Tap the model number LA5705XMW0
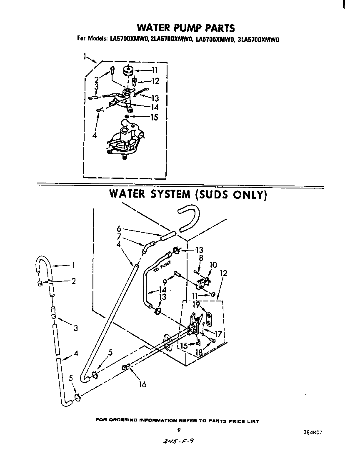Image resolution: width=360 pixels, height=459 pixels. [213, 40]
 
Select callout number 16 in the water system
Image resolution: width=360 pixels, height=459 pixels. [142, 384]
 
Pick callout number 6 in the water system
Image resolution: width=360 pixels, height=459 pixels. [119, 228]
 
